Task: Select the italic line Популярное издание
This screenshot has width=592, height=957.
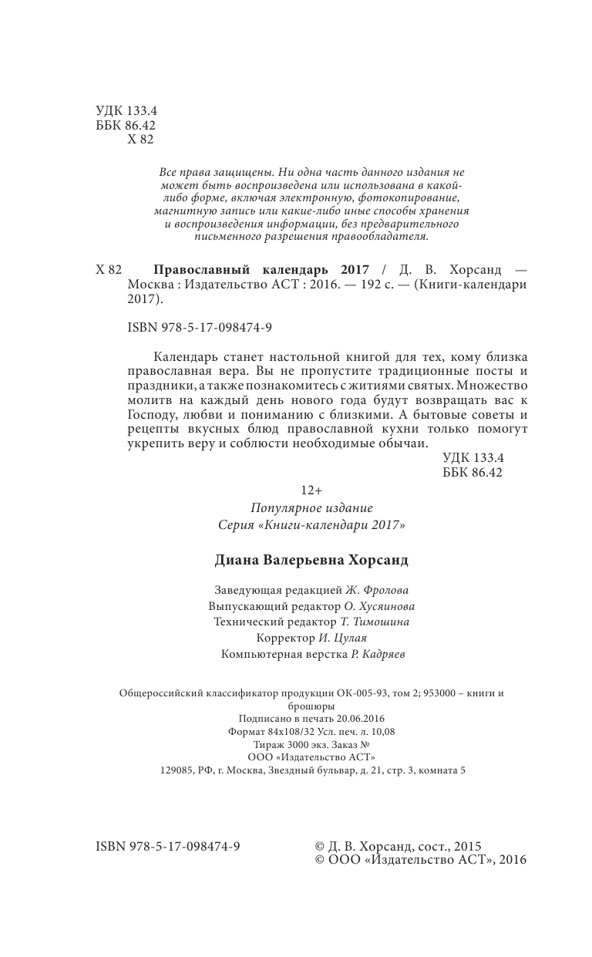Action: click(311, 507)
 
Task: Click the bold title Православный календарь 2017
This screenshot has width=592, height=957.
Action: click(261, 270)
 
